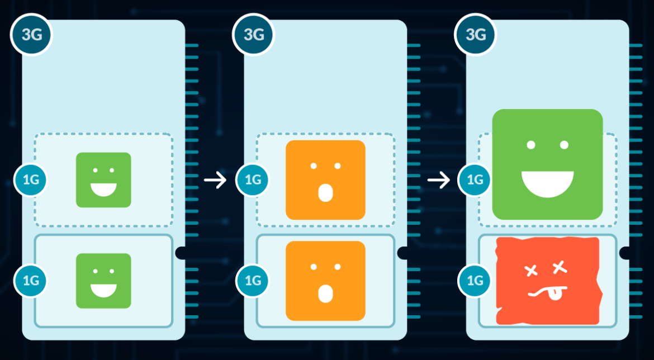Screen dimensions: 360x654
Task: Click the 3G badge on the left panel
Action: click(31, 34)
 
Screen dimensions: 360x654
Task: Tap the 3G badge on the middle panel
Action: click(253, 34)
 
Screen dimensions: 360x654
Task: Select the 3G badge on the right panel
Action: click(476, 34)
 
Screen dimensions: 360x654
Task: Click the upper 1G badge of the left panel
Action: click(31, 180)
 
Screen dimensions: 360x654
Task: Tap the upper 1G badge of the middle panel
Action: click(253, 180)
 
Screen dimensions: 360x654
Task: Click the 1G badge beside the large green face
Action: click(475, 180)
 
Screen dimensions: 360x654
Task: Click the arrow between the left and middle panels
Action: click(215, 180)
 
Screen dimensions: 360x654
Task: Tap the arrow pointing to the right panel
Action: click(438, 180)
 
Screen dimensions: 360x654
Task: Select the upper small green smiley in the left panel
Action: click(103, 180)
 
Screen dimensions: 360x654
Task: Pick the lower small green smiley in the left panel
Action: click(103, 281)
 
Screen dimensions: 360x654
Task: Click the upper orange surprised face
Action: click(325, 180)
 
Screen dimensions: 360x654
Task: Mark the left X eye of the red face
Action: click(530, 271)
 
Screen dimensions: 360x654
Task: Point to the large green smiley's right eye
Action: click(564, 145)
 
